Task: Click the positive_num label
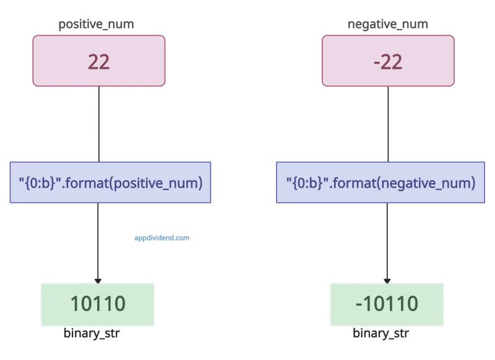96,25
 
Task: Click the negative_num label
388,25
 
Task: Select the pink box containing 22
99,61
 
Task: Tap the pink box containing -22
388,61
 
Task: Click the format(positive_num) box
110,182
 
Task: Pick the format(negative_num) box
381,182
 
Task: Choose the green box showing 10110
97,304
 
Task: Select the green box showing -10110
387,304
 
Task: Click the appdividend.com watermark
162,237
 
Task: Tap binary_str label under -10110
381,334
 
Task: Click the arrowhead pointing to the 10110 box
98,281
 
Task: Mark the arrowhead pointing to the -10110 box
388,281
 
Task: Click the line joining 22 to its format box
99,124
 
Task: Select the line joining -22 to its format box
388,124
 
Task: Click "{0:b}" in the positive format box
36,182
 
